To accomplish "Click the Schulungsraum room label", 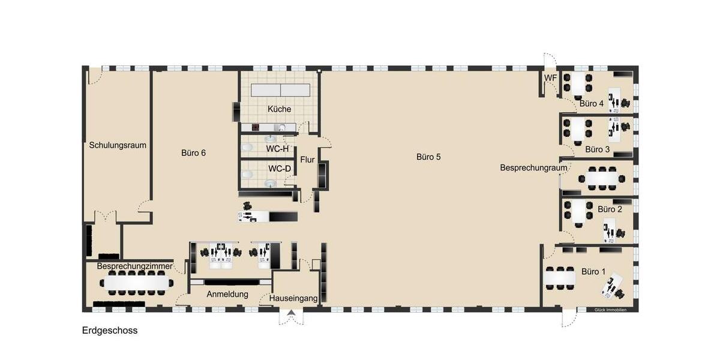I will pyautogui.click(x=118, y=145).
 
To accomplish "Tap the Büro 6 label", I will pyautogui.click(x=193, y=153).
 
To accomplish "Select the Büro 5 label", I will pyautogui.click(x=428, y=157).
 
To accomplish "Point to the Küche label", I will pyautogui.click(x=280, y=109).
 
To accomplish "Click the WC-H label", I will pyautogui.click(x=278, y=148).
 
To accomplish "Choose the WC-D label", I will pyautogui.click(x=280, y=169).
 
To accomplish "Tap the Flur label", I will pyautogui.click(x=307, y=160).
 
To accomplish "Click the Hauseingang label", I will pyautogui.click(x=293, y=298).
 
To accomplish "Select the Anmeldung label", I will pyautogui.click(x=227, y=295).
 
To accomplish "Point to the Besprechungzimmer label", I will pyautogui.click(x=135, y=266).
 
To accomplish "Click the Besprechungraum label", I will pyautogui.click(x=533, y=168).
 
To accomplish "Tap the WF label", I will pyautogui.click(x=550, y=78).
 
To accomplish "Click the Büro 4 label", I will pyautogui.click(x=592, y=104).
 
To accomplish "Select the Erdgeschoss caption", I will pyautogui.click(x=110, y=331).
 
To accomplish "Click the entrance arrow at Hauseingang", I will pyautogui.click(x=292, y=313).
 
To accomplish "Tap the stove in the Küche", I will pyautogui.click(x=254, y=127).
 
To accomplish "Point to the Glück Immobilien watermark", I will pyautogui.click(x=610, y=310).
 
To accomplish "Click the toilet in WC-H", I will pyautogui.click(x=246, y=147).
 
